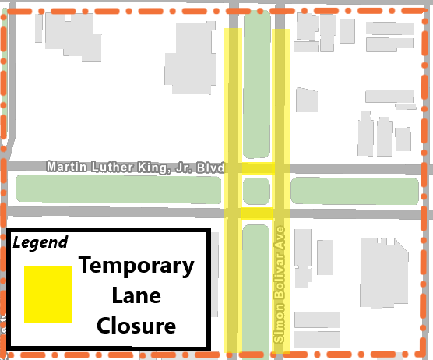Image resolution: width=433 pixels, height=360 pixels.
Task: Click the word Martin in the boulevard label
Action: (x=64, y=167)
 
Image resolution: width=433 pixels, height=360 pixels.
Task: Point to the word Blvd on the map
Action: (x=210, y=167)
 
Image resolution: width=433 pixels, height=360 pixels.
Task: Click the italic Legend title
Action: (x=40, y=242)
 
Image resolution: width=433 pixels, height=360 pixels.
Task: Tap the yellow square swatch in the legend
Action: (x=48, y=294)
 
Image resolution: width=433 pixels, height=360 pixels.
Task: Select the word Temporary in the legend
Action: (x=136, y=266)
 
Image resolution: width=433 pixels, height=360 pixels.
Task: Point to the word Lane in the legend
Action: (x=136, y=295)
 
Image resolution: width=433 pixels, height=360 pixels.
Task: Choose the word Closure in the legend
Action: (x=136, y=325)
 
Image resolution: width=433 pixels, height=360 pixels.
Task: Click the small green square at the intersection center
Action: (x=256, y=190)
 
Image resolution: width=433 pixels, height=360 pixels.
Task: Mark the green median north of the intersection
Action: (x=256, y=86)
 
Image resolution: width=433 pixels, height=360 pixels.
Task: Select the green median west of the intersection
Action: (x=117, y=189)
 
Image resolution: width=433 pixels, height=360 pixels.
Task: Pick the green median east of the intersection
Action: (x=354, y=190)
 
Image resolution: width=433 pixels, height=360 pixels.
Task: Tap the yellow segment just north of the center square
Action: (x=256, y=168)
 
